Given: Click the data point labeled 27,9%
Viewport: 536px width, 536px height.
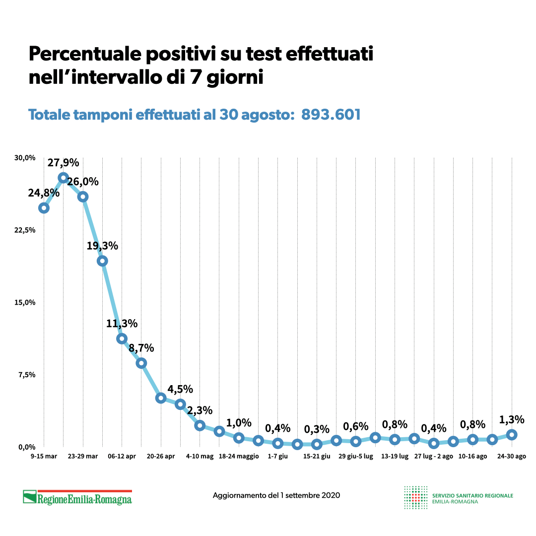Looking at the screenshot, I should click(63, 178).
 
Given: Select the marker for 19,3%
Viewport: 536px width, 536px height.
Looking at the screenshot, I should click(102, 261).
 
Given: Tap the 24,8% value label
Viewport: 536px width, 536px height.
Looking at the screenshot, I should click(43, 193).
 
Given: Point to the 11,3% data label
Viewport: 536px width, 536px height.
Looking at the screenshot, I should click(122, 324).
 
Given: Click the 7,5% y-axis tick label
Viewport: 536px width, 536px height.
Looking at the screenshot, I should click(27, 375).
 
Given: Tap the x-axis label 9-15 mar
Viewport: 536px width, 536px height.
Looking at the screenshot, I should click(43, 456).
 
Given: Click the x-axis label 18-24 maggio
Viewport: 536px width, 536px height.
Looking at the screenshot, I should click(239, 456).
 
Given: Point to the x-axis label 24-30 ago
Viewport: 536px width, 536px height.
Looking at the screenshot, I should click(512, 456).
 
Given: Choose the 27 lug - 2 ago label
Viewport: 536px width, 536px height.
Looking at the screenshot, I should click(433, 456).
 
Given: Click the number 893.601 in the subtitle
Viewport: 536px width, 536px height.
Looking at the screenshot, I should click(331, 115).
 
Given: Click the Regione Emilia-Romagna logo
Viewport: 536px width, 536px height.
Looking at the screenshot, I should click(77, 497).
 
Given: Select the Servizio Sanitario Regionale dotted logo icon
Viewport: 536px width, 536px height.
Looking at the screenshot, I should click(416, 497).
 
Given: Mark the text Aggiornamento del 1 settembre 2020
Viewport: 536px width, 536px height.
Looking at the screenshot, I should click(276, 495).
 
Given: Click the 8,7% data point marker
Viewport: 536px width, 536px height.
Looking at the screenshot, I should click(141, 363).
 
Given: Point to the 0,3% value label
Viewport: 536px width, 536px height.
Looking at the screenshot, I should click(317, 429).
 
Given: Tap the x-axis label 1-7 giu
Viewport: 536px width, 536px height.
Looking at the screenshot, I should click(277, 456).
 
